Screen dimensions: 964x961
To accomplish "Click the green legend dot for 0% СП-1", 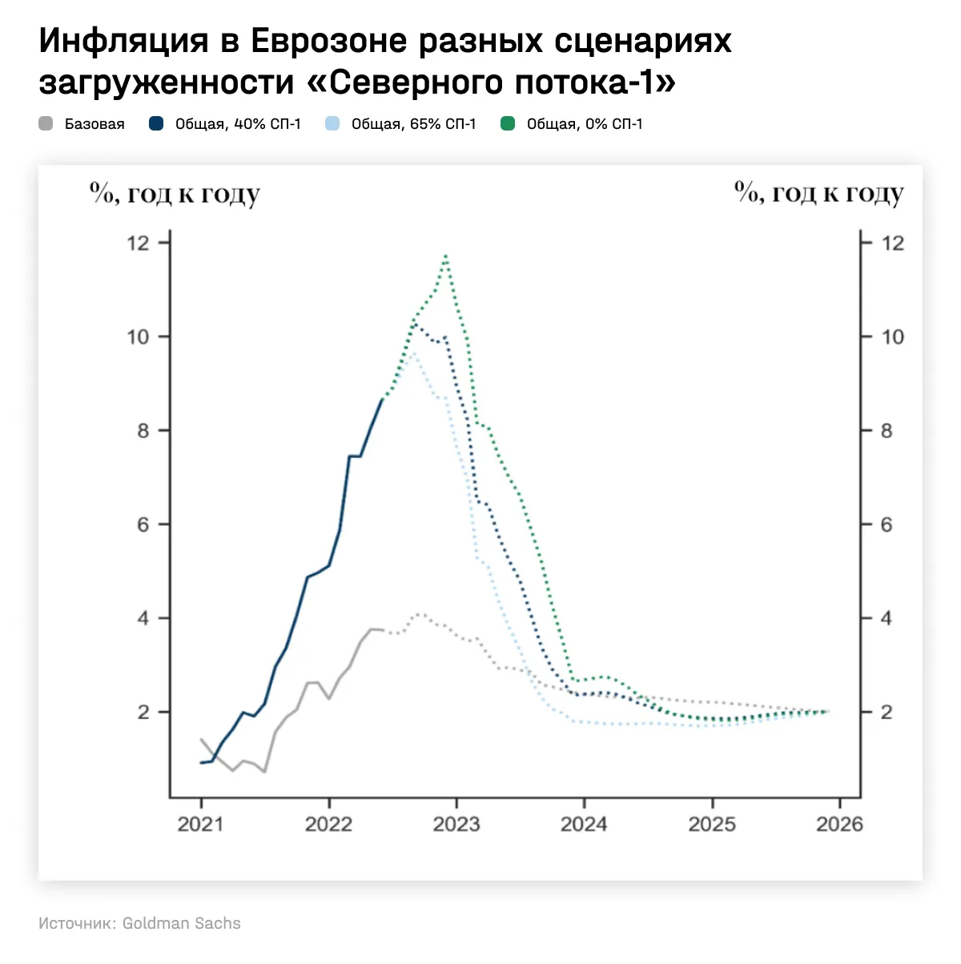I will click(x=507, y=124).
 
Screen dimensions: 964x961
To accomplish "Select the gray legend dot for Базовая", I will click(x=46, y=124).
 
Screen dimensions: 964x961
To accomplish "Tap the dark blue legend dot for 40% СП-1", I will click(x=156, y=124).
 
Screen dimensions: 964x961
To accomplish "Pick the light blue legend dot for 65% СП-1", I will click(x=332, y=124).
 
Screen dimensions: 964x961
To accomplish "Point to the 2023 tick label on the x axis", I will click(x=456, y=824).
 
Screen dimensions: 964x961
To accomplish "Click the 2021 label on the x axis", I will click(x=200, y=824).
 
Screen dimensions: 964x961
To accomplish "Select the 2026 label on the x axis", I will click(x=839, y=824).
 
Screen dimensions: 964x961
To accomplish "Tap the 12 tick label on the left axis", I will click(x=138, y=243).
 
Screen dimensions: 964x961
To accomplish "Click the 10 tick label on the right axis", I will click(x=892, y=337).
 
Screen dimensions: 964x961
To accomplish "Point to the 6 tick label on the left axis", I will click(x=143, y=524).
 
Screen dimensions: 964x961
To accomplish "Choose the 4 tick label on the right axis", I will click(x=887, y=618).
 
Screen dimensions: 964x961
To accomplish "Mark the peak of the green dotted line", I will click(x=445, y=256).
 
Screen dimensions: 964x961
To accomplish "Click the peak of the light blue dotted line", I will click(x=412, y=353).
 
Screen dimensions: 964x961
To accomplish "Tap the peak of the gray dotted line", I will click(x=418, y=614).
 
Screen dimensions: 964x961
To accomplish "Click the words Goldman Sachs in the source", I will click(x=181, y=923).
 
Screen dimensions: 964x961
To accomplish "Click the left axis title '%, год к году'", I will click(x=175, y=194).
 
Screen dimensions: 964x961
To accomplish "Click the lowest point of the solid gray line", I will click(x=264, y=772).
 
